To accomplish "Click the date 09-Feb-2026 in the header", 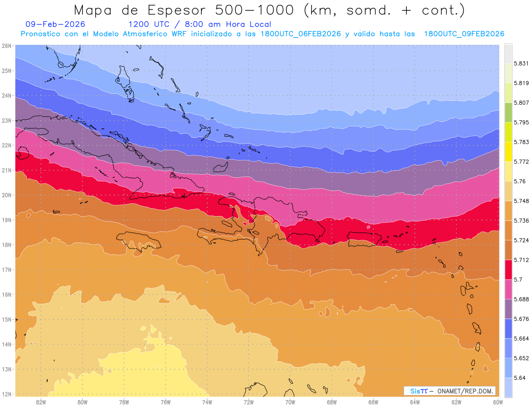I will (x=56, y=24).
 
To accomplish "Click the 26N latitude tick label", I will (x=6, y=45).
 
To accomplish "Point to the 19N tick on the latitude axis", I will (x=6, y=220).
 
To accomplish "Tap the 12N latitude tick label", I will (x=6, y=394).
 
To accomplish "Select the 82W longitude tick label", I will (x=41, y=402).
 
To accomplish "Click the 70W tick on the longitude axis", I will (x=290, y=402).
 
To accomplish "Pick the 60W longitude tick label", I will (x=498, y=402).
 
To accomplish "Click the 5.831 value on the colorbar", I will (x=522, y=63).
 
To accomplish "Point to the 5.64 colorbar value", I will (x=520, y=378).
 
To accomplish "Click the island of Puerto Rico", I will (x=364, y=239).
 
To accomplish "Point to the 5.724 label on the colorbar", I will (x=522, y=240).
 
